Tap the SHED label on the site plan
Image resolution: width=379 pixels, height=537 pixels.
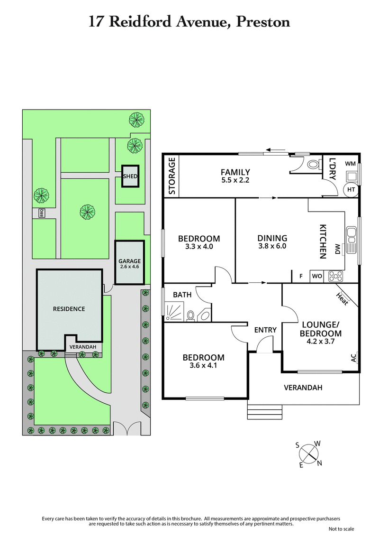click(x=130, y=176)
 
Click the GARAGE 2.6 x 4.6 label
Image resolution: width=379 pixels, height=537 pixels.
click(x=129, y=264)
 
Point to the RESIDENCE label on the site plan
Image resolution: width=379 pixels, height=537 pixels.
click(x=69, y=309)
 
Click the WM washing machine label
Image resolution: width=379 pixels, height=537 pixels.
click(x=350, y=164)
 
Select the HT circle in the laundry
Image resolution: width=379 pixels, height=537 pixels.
click(x=351, y=189)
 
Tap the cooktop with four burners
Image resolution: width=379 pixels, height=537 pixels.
click(x=335, y=275)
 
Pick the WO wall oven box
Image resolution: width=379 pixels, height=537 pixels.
click(x=316, y=276)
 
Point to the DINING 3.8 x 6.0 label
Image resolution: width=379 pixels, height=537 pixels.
click(x=272, y=242)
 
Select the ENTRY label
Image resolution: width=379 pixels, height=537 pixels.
click(x=265, y=330)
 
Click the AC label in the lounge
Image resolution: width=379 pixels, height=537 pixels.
click(x=353, y=357)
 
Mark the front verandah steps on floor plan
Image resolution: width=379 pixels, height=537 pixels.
click(x=265, y=411)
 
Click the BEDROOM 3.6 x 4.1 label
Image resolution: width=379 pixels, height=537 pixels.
click(x=205, y=361)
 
